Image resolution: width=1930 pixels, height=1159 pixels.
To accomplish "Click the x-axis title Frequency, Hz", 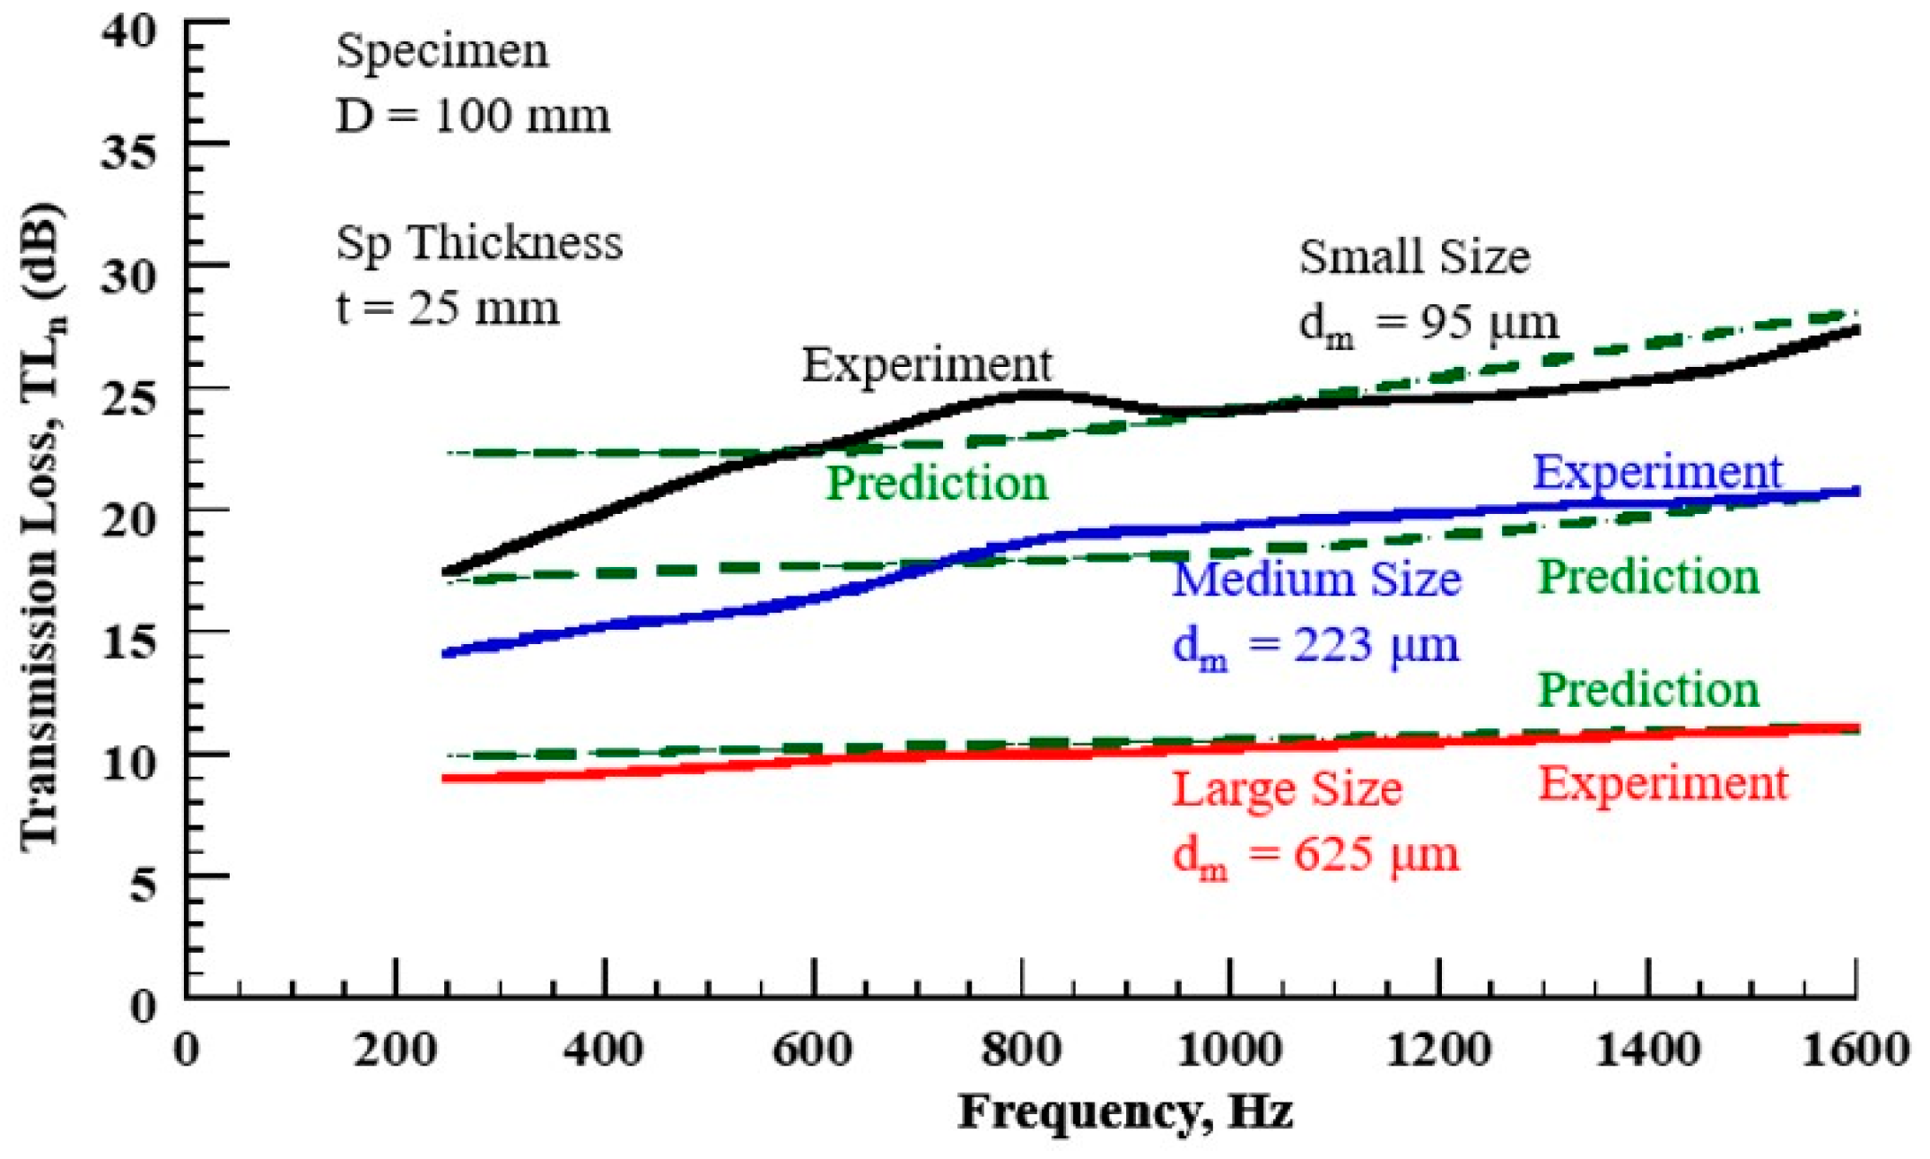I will pos(1125,1112).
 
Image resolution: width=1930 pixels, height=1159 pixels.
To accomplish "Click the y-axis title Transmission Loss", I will pos(41,529).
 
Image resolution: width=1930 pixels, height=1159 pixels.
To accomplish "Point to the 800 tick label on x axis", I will pos(1021,1050).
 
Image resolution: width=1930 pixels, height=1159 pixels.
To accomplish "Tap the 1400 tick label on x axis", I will pos(1647,1050).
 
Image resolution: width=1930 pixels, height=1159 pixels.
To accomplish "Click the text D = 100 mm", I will pos(473,116).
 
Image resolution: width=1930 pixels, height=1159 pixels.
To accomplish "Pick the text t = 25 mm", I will pos(448,308).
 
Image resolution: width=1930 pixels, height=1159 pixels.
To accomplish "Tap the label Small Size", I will pos(1415,257).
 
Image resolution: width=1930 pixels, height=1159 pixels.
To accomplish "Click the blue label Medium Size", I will pos(1317,579).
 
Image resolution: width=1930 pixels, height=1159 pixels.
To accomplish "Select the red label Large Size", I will pos(1288,789).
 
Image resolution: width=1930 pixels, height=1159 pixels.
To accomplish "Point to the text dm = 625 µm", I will pos(1315,854).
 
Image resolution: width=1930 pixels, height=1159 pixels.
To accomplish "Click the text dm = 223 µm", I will pos(1315,645).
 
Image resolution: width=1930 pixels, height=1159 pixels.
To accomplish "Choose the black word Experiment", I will pos(926,364).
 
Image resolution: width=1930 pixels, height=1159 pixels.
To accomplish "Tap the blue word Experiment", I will pos(1656,472).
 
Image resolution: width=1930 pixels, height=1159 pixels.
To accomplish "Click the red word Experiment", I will pos(1664,783).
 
